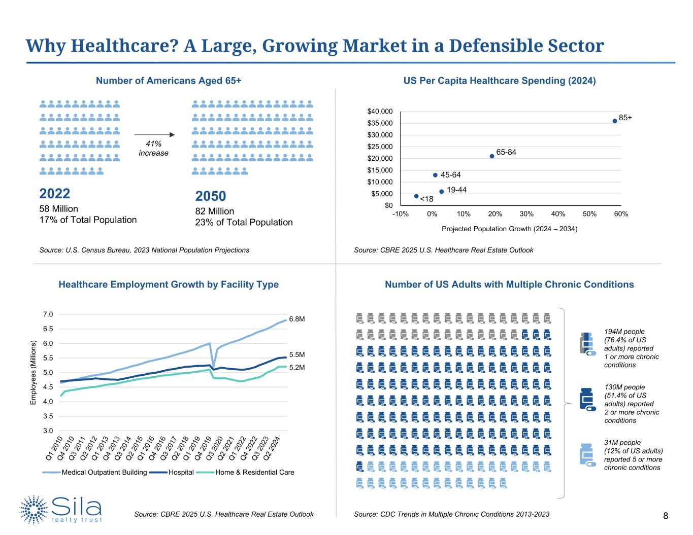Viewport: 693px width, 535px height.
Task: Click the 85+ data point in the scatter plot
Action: click(x=615, y=121)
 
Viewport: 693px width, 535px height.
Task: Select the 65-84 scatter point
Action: click(x=492, y=156)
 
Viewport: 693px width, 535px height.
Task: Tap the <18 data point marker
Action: click(x=416, y=196)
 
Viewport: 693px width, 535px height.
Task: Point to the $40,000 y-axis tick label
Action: click(x=380, y=111)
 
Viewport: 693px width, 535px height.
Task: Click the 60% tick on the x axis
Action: click(x=621, y=214)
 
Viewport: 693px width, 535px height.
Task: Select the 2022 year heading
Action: click(x=55, y=194)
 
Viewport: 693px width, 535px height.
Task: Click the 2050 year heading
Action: click(x=211, y=196)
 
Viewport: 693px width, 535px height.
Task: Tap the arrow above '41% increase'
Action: click(x=154, y=135)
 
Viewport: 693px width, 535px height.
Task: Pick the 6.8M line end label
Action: click(x=297, y=319)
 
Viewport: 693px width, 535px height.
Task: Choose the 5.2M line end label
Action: click(x=297, y=367)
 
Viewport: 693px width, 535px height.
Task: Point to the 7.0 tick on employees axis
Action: click(x=48, y=314)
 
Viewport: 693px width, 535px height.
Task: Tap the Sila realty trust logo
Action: click(x=61, y=509)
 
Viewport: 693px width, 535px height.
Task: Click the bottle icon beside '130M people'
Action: click(x=587, y=400)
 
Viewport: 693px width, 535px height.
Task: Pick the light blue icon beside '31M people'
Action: click(x=587, y=454)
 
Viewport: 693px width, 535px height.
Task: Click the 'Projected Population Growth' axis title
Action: click(x=509, y=229)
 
